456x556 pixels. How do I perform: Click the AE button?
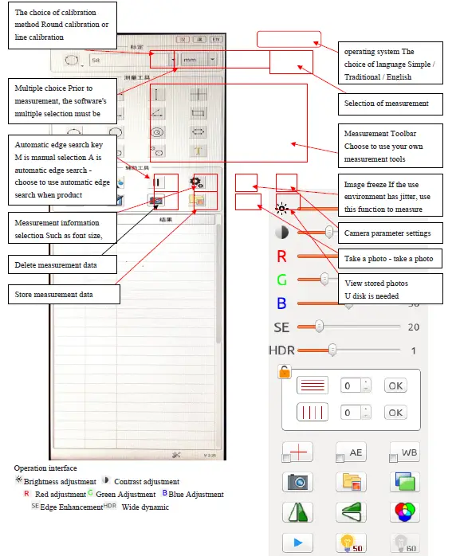pos(351,452)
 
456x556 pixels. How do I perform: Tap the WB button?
pos(404,452)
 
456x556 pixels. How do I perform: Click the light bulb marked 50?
pos(351,542)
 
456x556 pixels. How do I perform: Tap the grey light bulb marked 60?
pos(404,542)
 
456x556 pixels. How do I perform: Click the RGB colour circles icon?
pos(404,512)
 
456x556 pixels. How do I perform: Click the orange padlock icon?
pos(284,371)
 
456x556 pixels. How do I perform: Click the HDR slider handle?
pos(332,350)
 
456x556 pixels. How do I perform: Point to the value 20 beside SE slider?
pos(413,327)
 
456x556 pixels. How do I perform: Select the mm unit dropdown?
pos(197,59)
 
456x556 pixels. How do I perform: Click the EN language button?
pos(215,38)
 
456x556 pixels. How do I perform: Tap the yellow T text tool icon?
pos(199,151)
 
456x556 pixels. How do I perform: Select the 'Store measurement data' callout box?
pos(65,295)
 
